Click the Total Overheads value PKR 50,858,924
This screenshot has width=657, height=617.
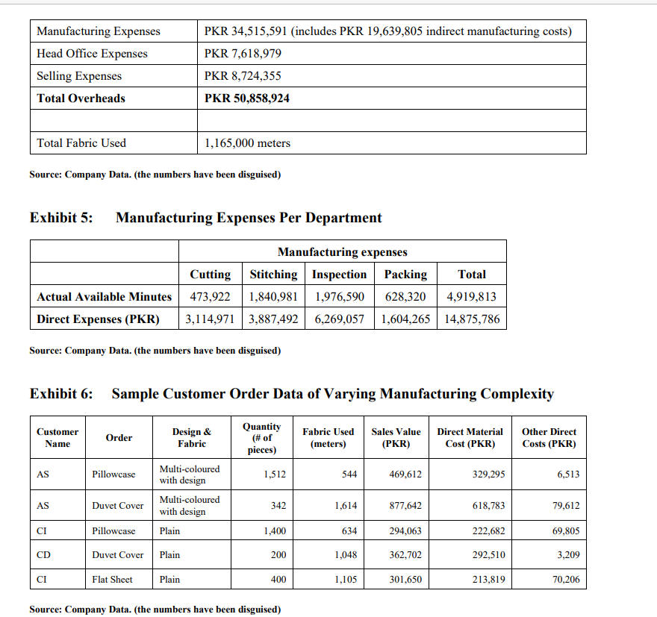(247, 98)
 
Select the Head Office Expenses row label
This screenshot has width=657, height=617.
(92, 54)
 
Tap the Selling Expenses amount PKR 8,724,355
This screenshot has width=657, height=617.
(243, 76)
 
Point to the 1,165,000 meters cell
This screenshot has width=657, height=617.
(247, 143)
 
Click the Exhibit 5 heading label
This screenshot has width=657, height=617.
(61, 218)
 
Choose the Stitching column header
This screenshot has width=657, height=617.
(273, 275)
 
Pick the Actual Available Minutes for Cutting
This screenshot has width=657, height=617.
(210, 297)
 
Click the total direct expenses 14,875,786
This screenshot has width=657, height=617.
(471, 319)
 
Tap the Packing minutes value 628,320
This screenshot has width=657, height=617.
(405, 297)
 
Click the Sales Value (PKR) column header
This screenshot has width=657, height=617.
(396, 437)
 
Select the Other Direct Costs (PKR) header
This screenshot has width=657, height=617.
(549, 437)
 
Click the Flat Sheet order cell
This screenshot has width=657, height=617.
(112, 580)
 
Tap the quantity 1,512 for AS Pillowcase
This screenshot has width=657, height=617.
(274, 475)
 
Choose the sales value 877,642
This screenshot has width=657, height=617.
(405, 506)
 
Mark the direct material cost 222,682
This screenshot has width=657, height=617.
(489, 531)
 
